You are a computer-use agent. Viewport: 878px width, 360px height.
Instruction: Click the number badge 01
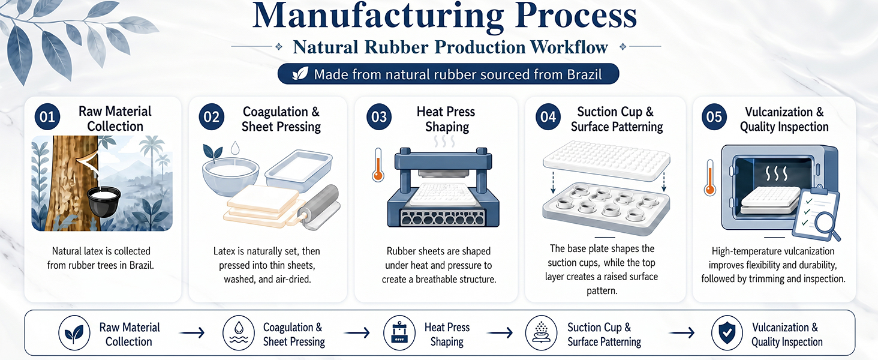point(47,117)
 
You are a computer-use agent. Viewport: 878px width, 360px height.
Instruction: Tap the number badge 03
point(379,117)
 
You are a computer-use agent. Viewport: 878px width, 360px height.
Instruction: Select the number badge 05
point(714,117)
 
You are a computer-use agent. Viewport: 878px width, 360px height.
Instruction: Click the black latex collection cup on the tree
point(104,202)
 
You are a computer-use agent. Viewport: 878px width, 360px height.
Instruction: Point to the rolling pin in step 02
point(318,207)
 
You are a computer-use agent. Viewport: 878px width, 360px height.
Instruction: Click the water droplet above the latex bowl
point(234,148)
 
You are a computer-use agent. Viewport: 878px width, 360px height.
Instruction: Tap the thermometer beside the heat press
point(378,165)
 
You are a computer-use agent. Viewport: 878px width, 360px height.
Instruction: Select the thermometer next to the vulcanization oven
point(710,178)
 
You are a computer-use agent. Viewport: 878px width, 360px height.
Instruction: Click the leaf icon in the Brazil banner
point(300,74)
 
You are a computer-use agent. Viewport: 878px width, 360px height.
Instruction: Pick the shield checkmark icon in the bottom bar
point(727,333)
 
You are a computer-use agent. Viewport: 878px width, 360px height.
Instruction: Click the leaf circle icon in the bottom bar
point(74,333)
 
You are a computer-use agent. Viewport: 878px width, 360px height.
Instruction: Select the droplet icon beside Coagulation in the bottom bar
point(239,333)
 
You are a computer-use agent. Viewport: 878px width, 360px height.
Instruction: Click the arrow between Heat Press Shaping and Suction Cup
point(500,333)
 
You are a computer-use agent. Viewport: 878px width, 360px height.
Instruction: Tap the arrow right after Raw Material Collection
point(192,333)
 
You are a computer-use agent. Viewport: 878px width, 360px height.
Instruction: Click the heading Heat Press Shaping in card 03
point(446,119)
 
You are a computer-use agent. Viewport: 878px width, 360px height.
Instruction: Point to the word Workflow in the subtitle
point(569,47)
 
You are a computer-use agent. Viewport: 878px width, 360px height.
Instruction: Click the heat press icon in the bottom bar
point(399,333)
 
